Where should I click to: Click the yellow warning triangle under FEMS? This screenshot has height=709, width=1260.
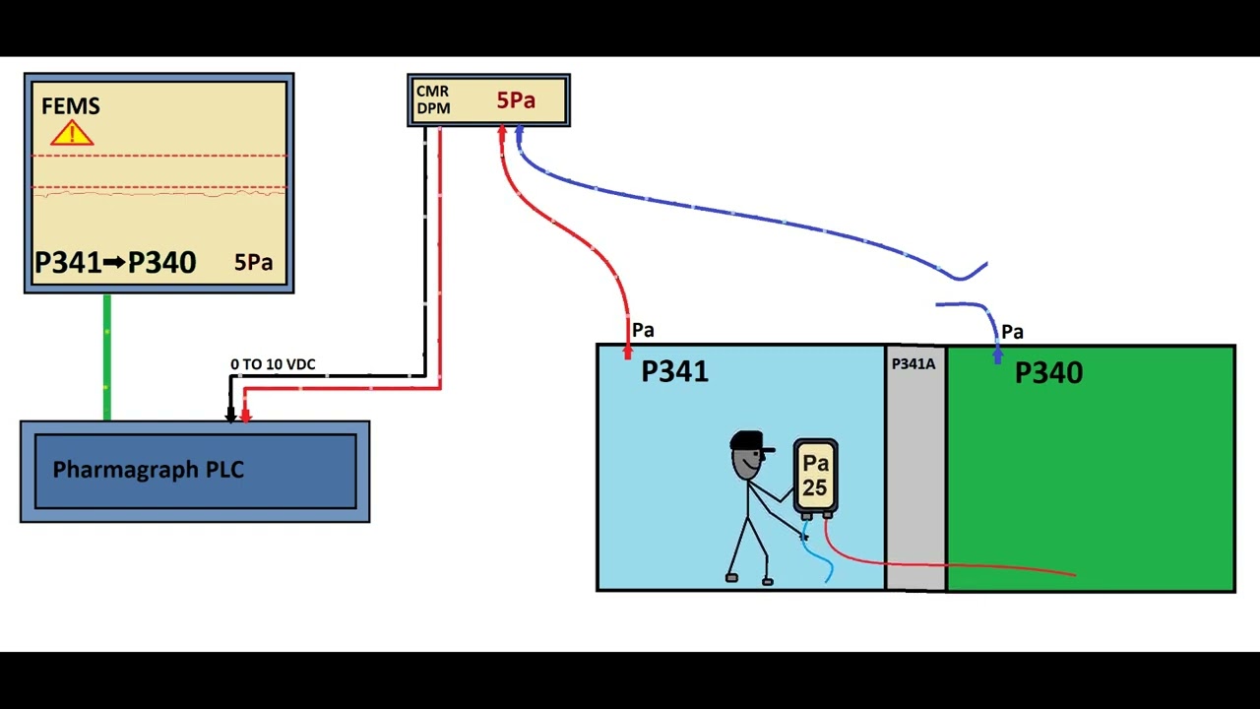pos(72,134)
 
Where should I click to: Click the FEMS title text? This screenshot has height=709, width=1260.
pos(71,106)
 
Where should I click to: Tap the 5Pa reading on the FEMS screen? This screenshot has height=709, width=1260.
pos(253,263)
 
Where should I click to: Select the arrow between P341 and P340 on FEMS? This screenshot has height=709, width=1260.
pos(114,263)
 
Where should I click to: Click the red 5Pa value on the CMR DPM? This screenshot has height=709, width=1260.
pos(516,100)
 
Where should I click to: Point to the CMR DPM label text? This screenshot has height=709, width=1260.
pos(433,99)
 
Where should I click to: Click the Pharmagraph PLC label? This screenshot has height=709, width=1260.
pos(148,470)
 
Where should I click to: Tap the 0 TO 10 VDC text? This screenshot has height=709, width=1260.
pos(273,364)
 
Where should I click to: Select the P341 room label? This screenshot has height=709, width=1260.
pos(674,371)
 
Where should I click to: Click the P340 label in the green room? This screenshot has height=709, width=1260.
pos(1048,373)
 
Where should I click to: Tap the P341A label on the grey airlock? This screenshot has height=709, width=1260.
pos(913,364)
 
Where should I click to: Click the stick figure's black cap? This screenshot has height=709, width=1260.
pos(748,440)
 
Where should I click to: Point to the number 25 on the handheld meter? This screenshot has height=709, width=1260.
pos(814,486)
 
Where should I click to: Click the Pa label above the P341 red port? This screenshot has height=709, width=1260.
pos(643,330)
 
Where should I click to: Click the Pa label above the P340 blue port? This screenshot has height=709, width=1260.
pos(1012,332)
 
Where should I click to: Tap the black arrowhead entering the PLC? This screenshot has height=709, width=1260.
pos(231,416)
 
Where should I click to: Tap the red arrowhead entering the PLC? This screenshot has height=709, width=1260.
pos(246,416)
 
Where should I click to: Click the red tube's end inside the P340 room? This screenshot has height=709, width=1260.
pos(1074,574)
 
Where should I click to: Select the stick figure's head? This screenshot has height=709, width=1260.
pos(747,461)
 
